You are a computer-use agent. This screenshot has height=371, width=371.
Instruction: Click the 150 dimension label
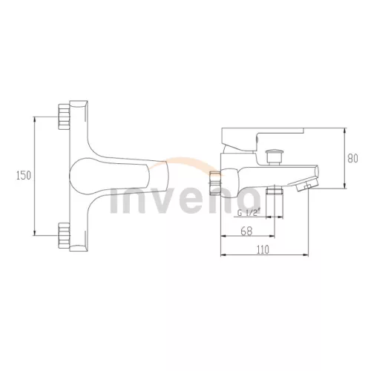[24, 176]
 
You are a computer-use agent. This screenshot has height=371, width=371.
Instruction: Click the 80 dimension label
[352, 159]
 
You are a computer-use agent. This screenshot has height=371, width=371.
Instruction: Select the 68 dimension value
[246, 232]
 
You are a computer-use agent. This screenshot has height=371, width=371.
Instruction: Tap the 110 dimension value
[263, 250]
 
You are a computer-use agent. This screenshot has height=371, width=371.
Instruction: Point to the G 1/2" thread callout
[248, 213]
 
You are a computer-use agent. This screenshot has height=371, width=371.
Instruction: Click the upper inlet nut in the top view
[64, 116]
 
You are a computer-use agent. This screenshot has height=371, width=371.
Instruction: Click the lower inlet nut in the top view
[64, 235]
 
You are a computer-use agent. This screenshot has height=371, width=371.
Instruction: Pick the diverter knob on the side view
[273, 157]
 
